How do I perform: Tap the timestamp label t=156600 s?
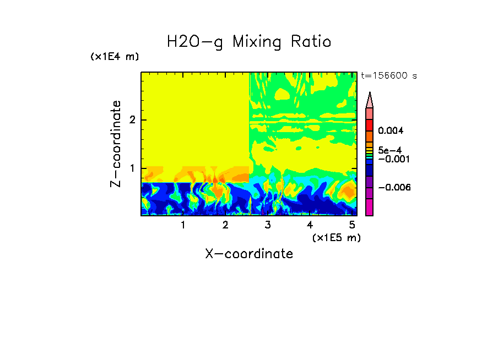pyautogui.click(x=388, y=76)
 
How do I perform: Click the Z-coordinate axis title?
pyautogui.click(x=116, y=144)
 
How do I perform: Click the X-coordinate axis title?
pyautogui.click(x=249, y=254)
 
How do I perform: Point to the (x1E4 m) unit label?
pyautogui.click(x=115, y=57)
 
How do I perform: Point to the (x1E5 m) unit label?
pyautogui.click(x=336, y=237)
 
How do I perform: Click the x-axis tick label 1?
pyautogui.click(x=183, y=225)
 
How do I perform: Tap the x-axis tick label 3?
pyautogui.click(x=268, y=225)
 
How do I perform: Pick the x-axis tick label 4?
pyautogui.click(x=310, y=225)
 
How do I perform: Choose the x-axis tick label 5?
pyautogui.click(x=352, y=225)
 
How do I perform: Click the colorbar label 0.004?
pyautogui.click(x=391, y=131)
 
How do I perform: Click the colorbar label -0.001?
pyautogui.click(x=392, y=159)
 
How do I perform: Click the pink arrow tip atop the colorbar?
pyautogui.click(x=369, y=100)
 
